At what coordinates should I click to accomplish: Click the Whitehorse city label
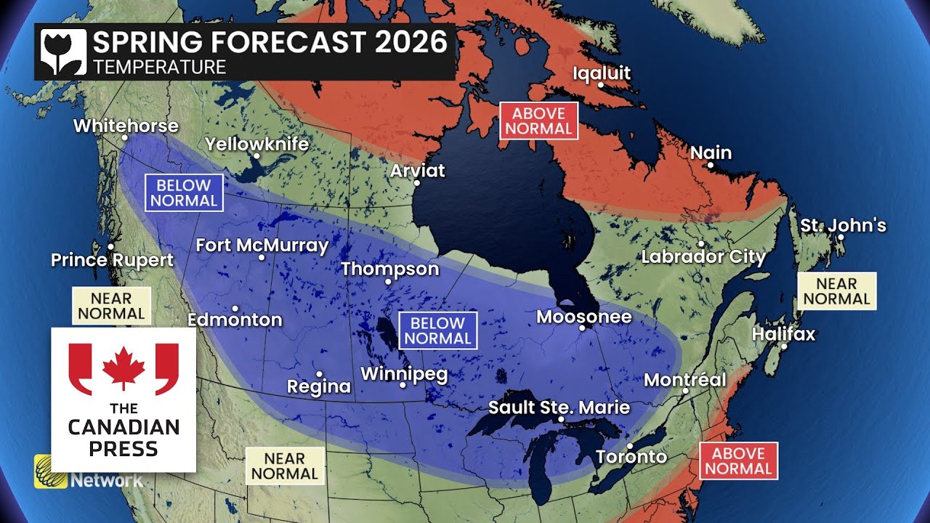point(126,126)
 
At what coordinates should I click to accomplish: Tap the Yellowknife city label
point(256,144)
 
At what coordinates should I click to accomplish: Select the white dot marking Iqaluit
point(601,84)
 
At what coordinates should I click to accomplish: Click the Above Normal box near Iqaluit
point(538,121)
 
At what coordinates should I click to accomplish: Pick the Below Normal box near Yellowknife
point(184,193)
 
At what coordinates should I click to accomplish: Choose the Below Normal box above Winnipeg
point(438,331)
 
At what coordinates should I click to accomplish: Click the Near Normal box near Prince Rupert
point(111,306)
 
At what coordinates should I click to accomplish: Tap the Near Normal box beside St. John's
point(837,291)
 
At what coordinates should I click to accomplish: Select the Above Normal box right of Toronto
point(738,461)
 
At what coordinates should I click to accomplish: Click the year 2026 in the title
point(412,42)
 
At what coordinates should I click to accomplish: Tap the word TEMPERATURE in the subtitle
point(159,68)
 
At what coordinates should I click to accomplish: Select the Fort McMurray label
point(262,246)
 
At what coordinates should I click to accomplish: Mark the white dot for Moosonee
point(582,328)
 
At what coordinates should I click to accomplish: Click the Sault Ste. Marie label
point(559,407)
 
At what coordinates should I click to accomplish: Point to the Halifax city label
point(783,334)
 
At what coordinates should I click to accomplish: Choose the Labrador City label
point(703,256)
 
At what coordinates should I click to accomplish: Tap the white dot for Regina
point(319,374)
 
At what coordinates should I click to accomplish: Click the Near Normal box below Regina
point(284,466)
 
